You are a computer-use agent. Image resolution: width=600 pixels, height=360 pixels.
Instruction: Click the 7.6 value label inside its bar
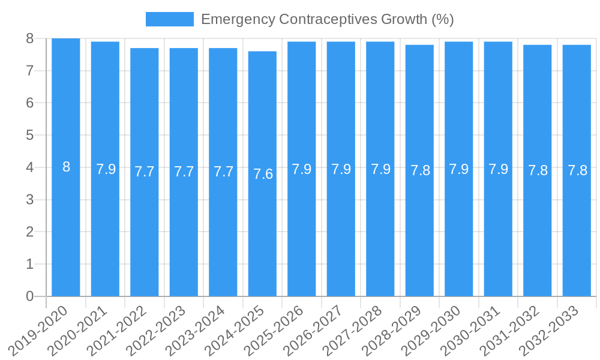pyautogui.click(x=263, y=174)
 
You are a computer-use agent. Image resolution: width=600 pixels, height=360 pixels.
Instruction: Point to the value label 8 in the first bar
pyautogui.click(x=66, y=167)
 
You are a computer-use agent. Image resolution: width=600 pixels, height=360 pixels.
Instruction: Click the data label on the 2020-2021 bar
pyautogui.click(x=106, y=169)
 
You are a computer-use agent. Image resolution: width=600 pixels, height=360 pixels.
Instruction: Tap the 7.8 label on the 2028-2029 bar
pyautogui.click(x=420, y=170)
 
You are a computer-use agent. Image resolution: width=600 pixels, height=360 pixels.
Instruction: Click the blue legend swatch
pyautogui.click(x=169, y=19)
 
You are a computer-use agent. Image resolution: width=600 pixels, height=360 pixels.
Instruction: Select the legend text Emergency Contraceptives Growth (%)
pyautogui.click(x=327, y=19)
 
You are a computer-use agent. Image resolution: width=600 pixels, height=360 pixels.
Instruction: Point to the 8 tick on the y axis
pyautogui.click(x=29, y=38)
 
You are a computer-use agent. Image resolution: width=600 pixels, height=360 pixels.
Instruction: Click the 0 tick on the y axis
pyautogui.click(x=29, y=296)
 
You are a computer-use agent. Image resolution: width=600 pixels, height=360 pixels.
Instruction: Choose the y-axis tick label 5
pyautogui.click(x=29, y=135)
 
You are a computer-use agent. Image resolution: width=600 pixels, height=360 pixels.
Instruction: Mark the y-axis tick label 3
pyautogui.click(x=29, y=200)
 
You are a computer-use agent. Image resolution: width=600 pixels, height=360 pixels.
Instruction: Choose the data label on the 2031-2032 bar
pyautogui.click(x=538, y=170)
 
